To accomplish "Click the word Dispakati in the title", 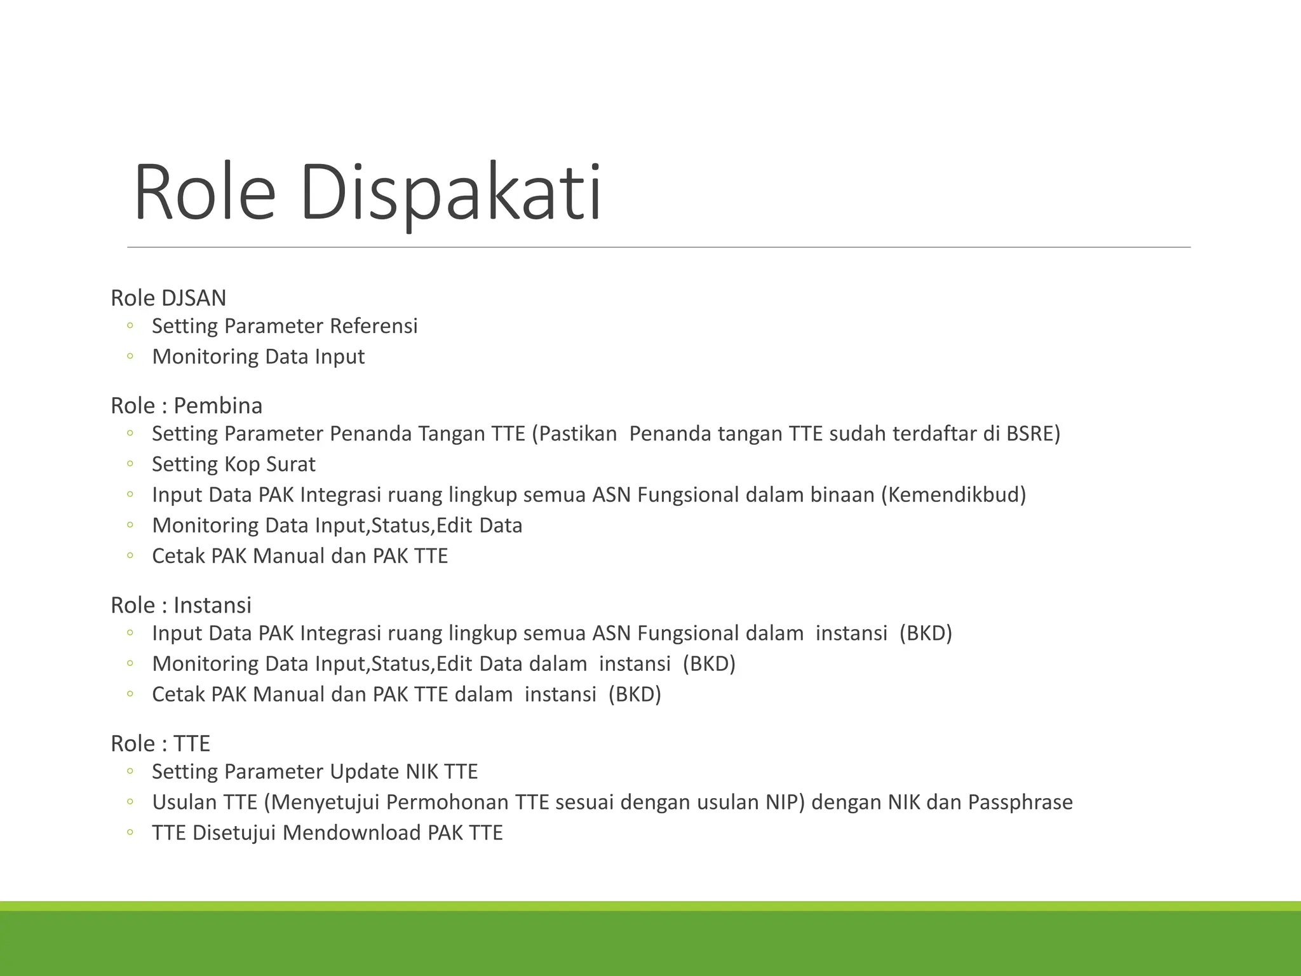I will click(450, 192).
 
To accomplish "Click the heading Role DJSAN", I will click(168, 297).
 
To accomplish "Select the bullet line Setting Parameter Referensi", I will click(285, 326).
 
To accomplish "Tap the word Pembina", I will click(218, 405).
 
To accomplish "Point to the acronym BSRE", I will click(1033, 433).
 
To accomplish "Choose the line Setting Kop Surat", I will click(233, 464).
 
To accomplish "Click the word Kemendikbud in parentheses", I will click(954, 494).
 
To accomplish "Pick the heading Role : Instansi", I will click(181, 605).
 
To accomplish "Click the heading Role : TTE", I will click(160, 743).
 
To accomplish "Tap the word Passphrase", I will click(1020, 802).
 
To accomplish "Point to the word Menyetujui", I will click(325, 802).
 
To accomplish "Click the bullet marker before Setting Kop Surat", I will click(130, 464).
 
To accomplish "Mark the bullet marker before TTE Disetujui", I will click(130, 832).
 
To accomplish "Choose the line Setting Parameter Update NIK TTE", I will click(314, 771).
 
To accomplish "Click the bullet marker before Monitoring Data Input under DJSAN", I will click(130, 356).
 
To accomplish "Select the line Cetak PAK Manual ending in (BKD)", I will click(407, 694).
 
